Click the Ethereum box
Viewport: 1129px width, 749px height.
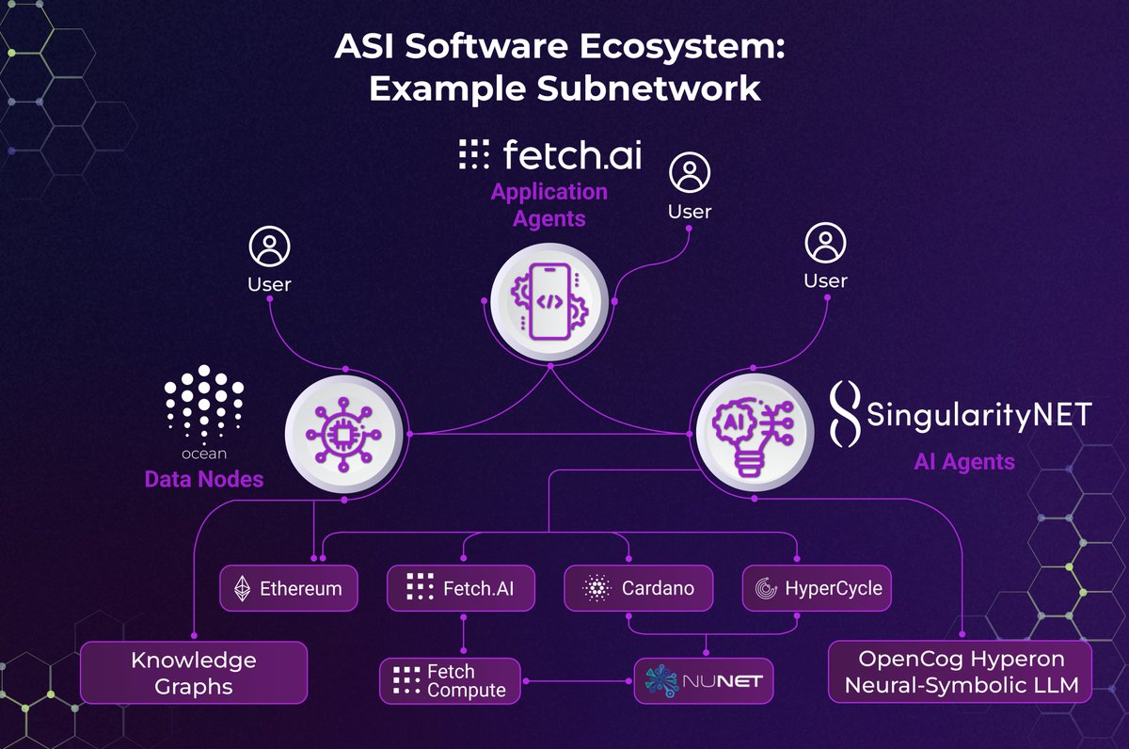(x=289, y=589)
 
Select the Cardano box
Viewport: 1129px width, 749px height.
(x=639, y=589)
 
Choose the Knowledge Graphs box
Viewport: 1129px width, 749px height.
(x=194, y=673)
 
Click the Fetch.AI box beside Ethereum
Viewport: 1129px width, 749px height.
(x=461, y=589)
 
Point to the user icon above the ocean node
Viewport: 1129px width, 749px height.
(x=269, y=247)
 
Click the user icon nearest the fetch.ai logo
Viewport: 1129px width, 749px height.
(x=690, y=174)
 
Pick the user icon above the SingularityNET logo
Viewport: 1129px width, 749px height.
(x=825, y=244)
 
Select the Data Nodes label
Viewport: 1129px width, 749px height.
(x=203, y=480)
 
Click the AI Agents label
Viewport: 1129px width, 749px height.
(x=964, y=462)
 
